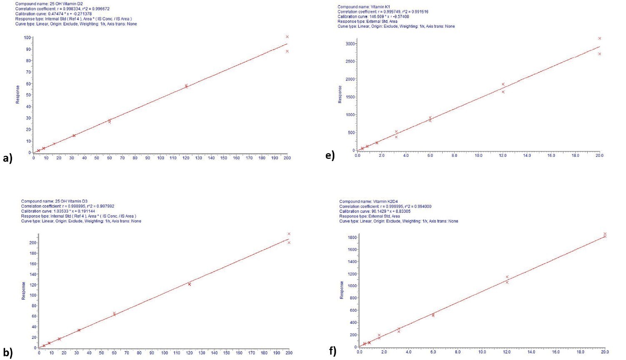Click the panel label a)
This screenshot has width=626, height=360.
[x=7, y=158]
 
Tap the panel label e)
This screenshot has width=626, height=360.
[x=330, y=156]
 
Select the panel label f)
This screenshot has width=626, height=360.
[x=332, y=351]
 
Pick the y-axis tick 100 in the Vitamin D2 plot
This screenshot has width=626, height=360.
[x=27, y=37]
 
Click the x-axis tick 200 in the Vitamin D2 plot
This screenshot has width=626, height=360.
[x=287, y=158]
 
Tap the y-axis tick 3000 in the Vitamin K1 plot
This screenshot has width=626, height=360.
[x=350, y=44]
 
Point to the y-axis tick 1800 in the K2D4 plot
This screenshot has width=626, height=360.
[x=352, y=237]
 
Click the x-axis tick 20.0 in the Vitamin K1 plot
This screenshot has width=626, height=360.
[x=599, y=156]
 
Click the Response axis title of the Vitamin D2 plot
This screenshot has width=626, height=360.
[x=17, y=94]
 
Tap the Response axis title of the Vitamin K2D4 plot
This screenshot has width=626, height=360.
[x=342, y=290]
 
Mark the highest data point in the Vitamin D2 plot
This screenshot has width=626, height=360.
[x=287, y=37]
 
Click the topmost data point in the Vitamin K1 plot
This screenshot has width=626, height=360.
[x=599, y=38]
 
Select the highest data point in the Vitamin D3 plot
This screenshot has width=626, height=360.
[x=289, y=234]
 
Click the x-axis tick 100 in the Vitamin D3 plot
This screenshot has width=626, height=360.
[x=165, y=353]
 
